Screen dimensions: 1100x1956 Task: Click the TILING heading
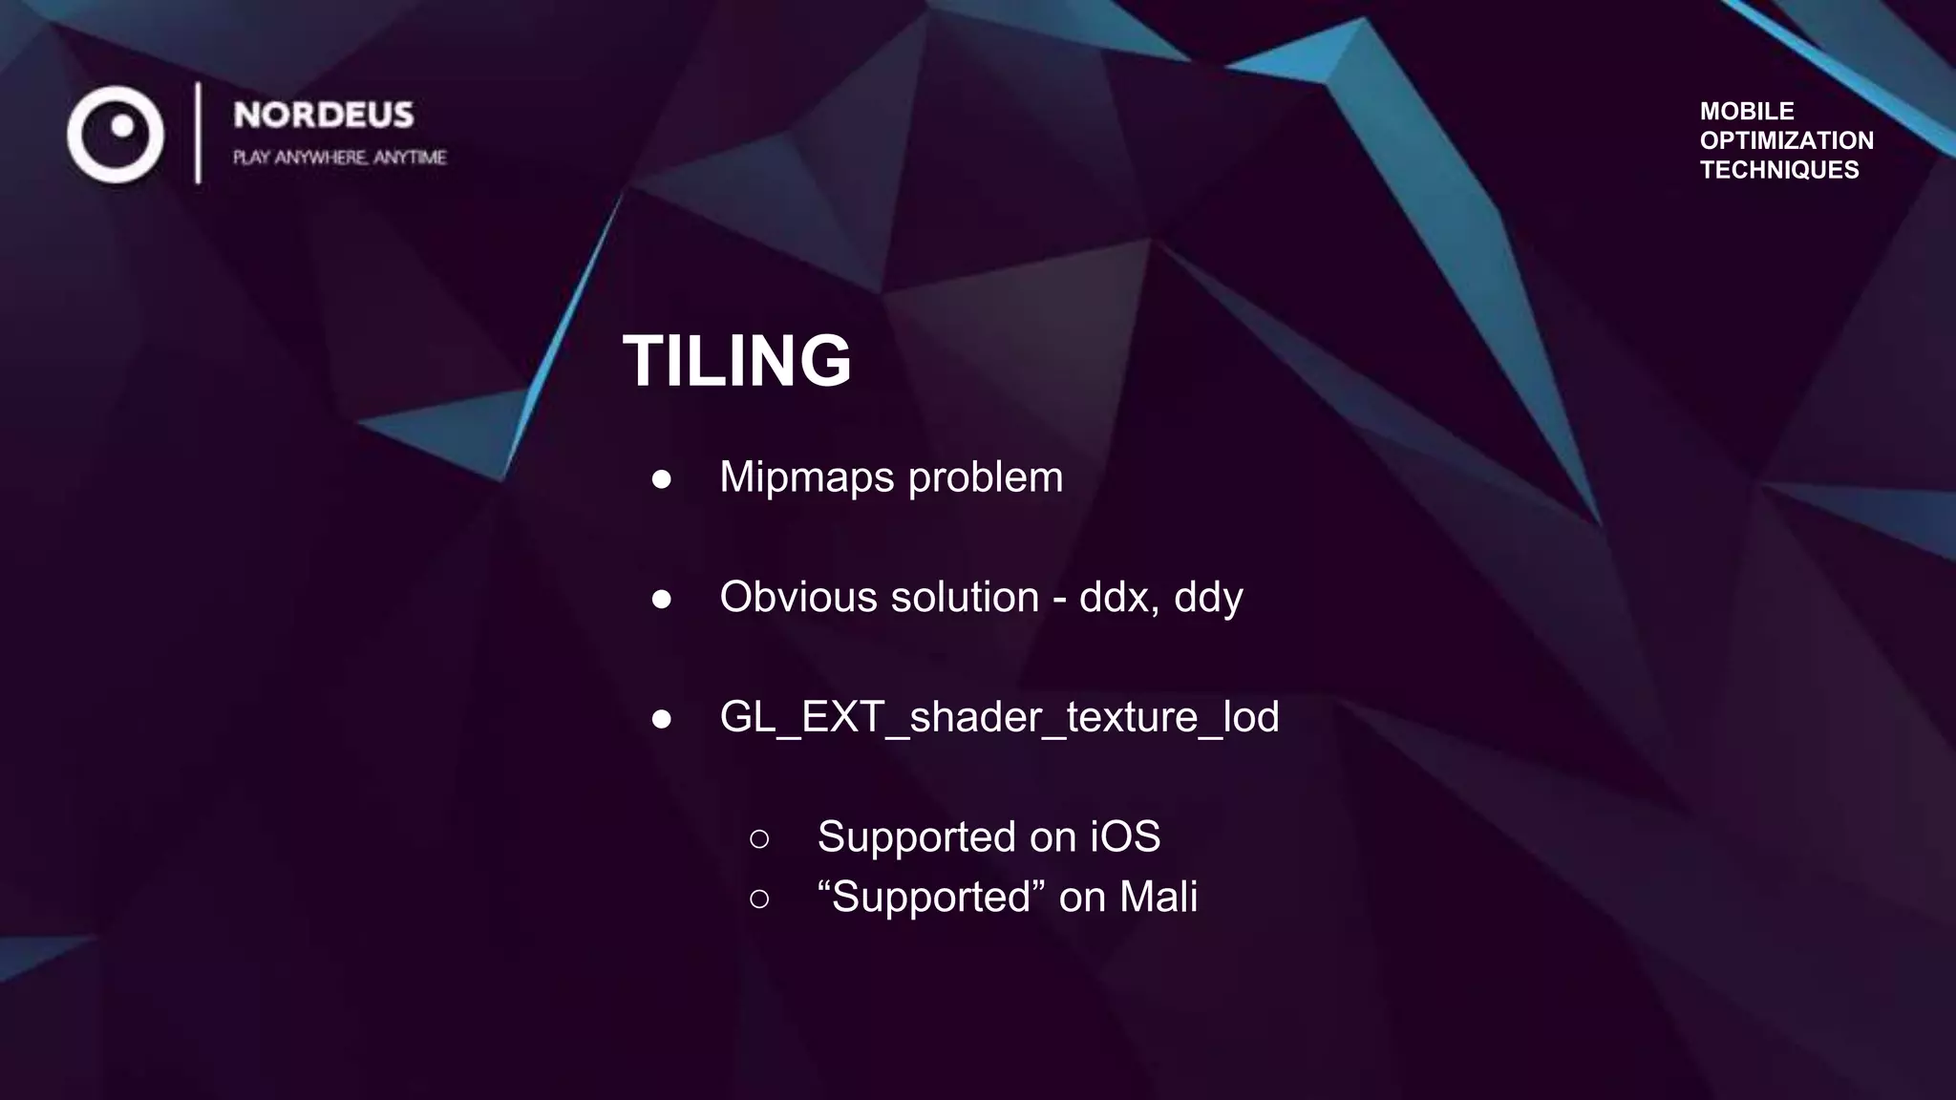click(736, 361)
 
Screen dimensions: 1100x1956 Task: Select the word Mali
click(1158, 898)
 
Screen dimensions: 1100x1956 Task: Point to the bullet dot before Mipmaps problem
click(661, 479)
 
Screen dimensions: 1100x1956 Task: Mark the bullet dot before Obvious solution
click(661, 600)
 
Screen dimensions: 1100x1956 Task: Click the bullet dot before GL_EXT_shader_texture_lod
click(661, 719)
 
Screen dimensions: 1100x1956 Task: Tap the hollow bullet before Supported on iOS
click(759, 839)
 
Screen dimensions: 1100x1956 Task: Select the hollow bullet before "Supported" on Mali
click(759, 899)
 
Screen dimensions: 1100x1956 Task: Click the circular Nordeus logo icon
click(116, 135)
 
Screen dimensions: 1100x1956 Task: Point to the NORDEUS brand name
click(324, 116)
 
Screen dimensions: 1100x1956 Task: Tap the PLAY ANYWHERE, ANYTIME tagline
click(339, 158)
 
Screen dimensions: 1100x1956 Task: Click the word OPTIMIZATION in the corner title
click(1786, 140)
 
